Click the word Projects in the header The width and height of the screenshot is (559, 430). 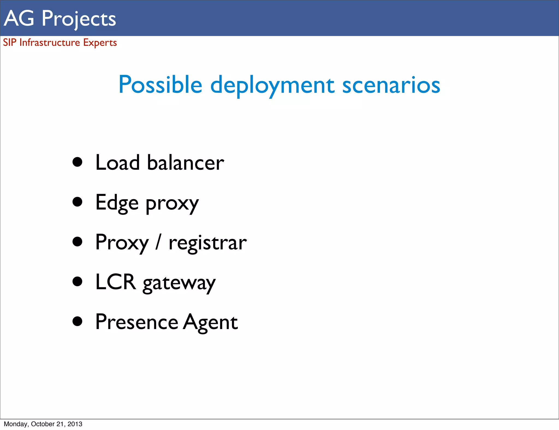(79, 19)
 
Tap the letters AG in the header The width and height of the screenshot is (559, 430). (19, 19)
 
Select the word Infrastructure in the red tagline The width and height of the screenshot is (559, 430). (50, 43)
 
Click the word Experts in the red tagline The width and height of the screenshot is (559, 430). (100, 43)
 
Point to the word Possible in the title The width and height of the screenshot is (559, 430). (160, 85)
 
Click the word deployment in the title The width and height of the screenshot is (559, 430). (272, 85)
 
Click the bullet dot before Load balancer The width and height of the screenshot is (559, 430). (78, 162)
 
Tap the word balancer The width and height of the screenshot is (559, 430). (186, 163)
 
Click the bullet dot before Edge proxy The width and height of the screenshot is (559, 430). (78, 202)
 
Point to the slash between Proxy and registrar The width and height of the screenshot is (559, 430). (158, 242)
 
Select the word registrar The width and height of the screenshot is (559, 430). (207, 243)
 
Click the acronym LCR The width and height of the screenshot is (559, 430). (115, 282)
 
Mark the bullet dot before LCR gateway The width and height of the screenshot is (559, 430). (78, 282)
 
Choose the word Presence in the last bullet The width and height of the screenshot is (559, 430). (136, 322)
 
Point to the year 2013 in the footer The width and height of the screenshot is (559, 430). (75, 424)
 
